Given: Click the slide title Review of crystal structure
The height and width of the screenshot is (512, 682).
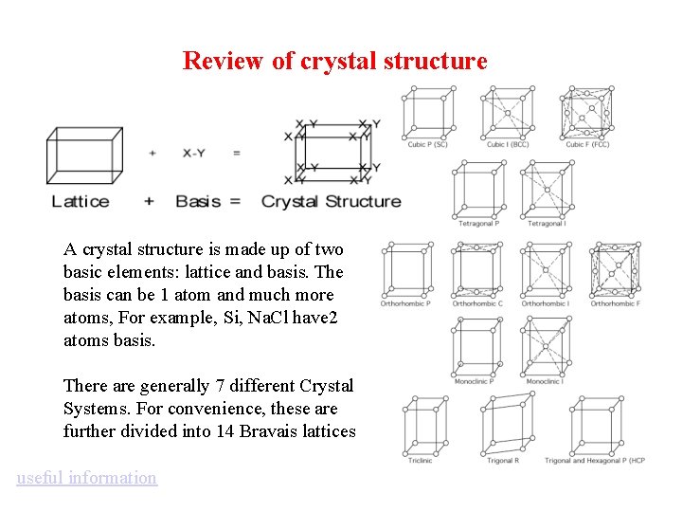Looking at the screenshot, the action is click(334, 62).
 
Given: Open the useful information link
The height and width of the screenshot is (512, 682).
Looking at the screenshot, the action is click(86, 478).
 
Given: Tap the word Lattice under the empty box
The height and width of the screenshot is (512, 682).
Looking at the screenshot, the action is click(81, 201).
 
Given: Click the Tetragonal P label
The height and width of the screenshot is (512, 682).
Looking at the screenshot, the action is click(478, 224).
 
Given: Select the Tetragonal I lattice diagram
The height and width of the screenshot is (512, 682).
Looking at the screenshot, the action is click(547, 189).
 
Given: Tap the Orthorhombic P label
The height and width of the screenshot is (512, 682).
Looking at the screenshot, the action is click(406, 303).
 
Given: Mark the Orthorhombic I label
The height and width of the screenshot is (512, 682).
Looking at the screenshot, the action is click(546, 303).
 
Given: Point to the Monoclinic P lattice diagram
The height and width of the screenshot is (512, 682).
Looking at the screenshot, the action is click(477, 346).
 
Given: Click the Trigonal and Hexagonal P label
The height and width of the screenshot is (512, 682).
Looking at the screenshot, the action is click(595, 461).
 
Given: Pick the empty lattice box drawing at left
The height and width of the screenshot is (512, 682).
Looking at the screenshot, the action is click(84, 155).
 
